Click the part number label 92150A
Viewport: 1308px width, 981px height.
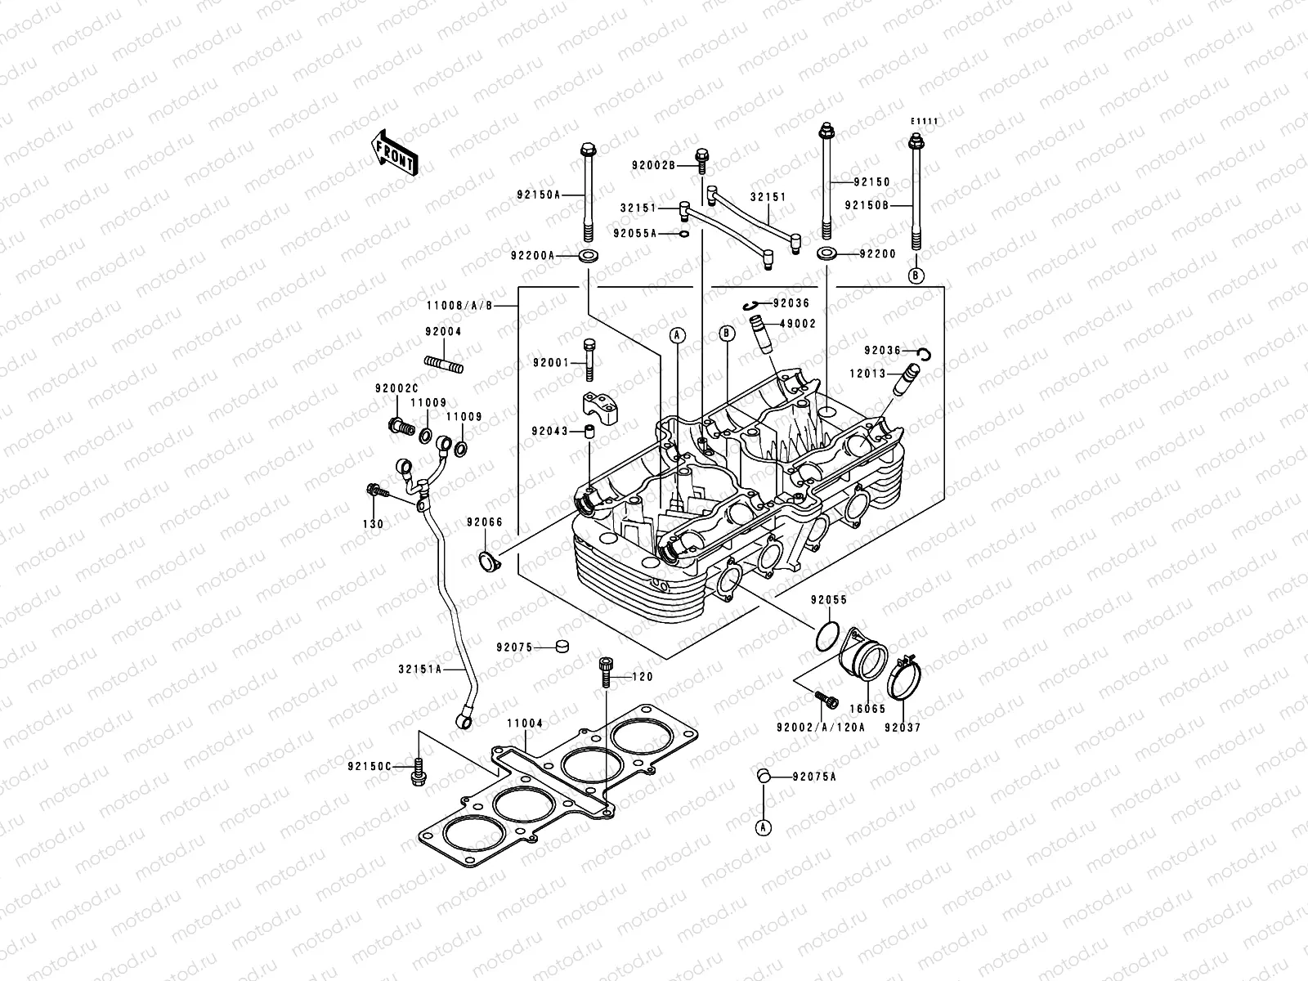coord(537,195)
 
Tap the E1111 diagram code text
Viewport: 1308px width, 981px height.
coord(925,122)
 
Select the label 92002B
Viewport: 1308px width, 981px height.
coord(653,166)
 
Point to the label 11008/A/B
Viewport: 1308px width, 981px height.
coord(459,306)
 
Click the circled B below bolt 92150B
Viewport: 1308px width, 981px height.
coord(916,275)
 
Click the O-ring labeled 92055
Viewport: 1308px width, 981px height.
coord(828,634)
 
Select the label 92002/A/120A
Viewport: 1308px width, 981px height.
coord(820,727)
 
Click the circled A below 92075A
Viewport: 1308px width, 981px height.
coord(763,828)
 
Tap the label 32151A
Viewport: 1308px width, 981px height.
coord(419,669)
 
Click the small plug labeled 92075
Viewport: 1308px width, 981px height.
coord(561,647)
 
